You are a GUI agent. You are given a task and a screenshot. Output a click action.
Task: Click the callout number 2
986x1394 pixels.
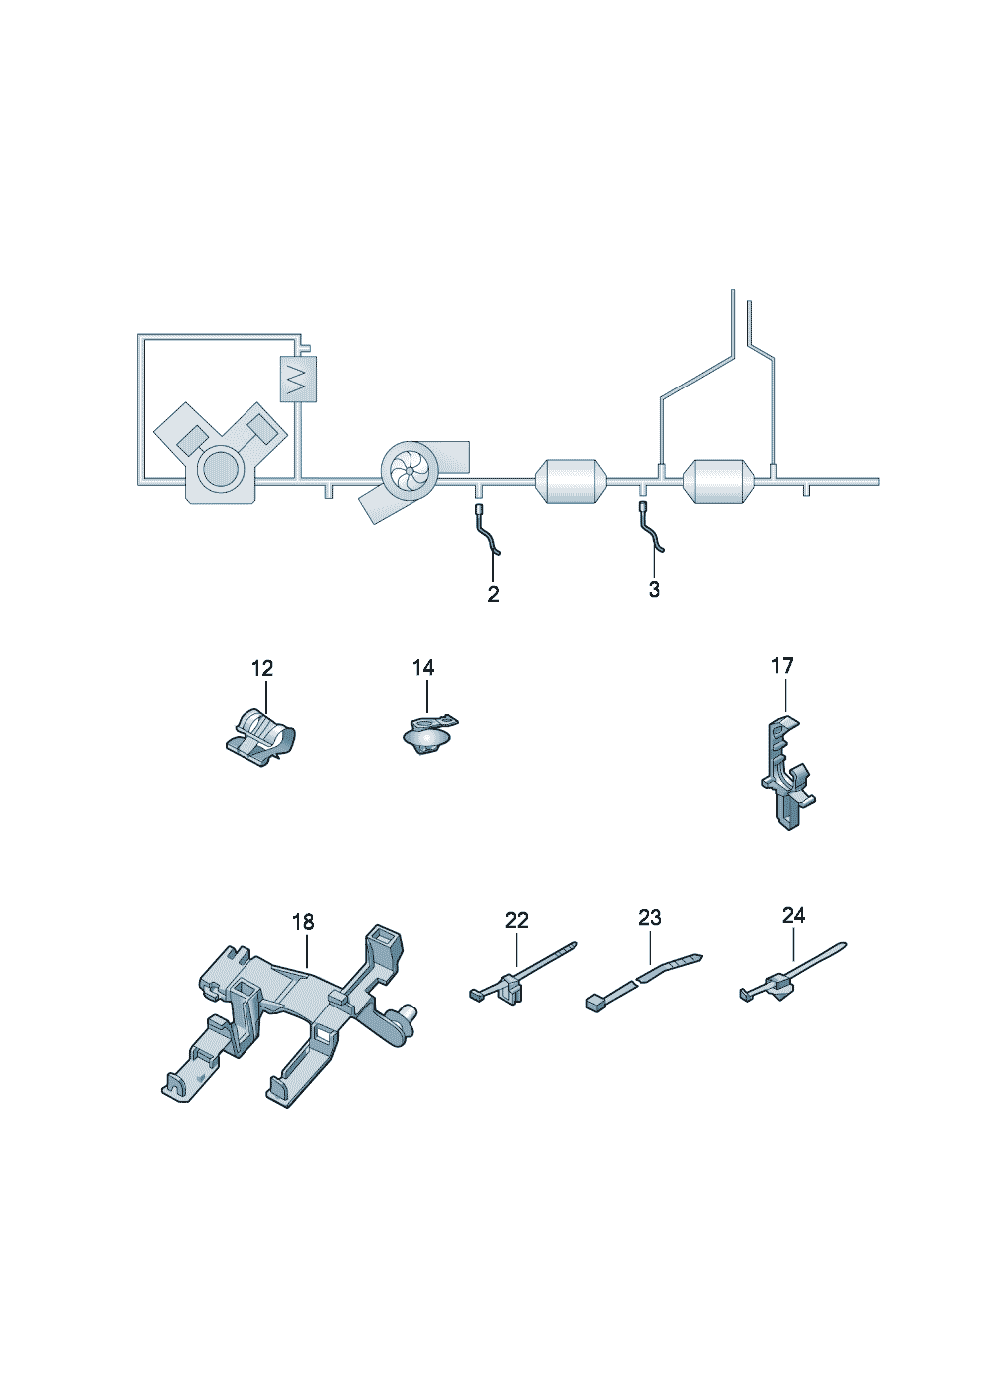493,594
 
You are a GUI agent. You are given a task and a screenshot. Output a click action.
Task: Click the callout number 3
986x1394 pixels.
654,589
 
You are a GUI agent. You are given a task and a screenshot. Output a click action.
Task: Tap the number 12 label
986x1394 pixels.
262,669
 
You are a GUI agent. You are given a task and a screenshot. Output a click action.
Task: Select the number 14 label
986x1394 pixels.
423,667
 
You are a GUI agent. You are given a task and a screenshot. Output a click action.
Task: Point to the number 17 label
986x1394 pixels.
782,666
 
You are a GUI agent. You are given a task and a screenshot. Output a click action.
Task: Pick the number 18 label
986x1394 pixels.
303,921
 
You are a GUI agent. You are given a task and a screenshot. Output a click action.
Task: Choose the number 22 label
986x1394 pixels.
517,920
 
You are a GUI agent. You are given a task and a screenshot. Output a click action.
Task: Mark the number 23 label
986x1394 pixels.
650,917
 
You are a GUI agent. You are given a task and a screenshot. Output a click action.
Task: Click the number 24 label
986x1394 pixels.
793,915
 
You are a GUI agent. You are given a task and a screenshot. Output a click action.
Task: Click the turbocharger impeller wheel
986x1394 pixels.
411,472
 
